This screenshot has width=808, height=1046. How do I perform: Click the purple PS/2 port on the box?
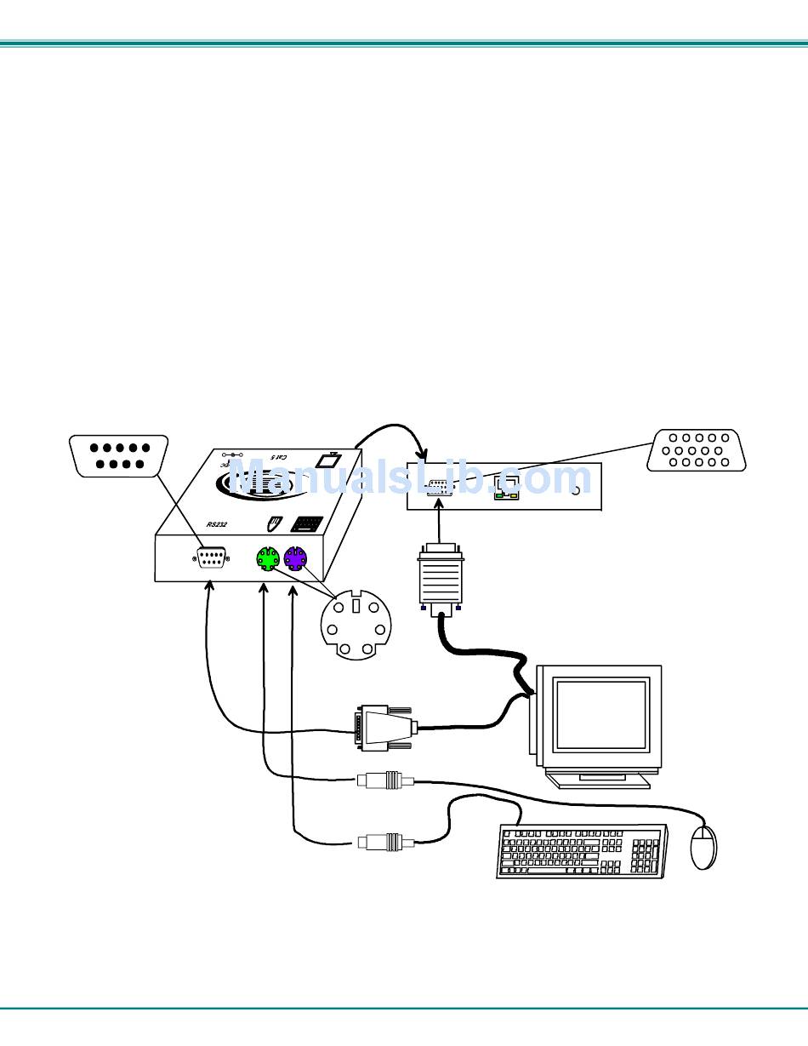pyautogui.click(x=296, y=559)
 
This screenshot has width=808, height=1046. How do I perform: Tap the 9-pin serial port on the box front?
pyautogui.click(x=212, y=558)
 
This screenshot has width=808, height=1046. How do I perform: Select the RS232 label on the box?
pyautogui.click(x=218, y=525)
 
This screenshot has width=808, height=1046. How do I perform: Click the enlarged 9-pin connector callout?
pyautogui.click(x=118, y=455)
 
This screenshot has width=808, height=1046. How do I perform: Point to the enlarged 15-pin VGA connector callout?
pyautogui.click(x=697, y=450)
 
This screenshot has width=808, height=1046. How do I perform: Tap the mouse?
pyautogui.click(x=703, y=846)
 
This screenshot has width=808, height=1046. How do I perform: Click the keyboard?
pyautogui.click(x=582, y=850)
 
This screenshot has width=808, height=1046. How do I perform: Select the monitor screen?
pyautogui.click(x=601, y=713)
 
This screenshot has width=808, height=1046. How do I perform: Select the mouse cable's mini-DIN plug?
pyautogui.click(x=385, y=780)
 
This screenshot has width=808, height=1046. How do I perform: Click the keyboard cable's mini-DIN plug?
pyautogui.click(x=385, y=843)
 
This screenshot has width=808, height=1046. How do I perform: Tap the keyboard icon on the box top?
pyautogui.click(x=306, y=524)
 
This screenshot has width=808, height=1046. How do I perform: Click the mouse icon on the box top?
pyautogui.click(x=273, y=523)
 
